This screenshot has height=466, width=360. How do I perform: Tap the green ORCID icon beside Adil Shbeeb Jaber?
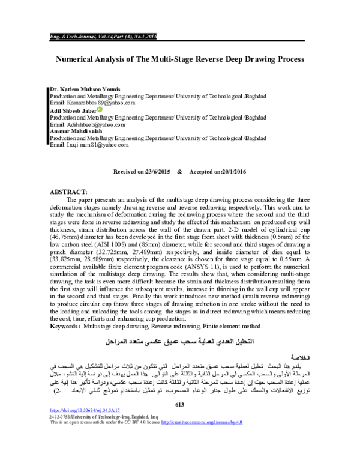100,110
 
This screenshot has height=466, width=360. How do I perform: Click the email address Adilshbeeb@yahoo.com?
91,124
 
